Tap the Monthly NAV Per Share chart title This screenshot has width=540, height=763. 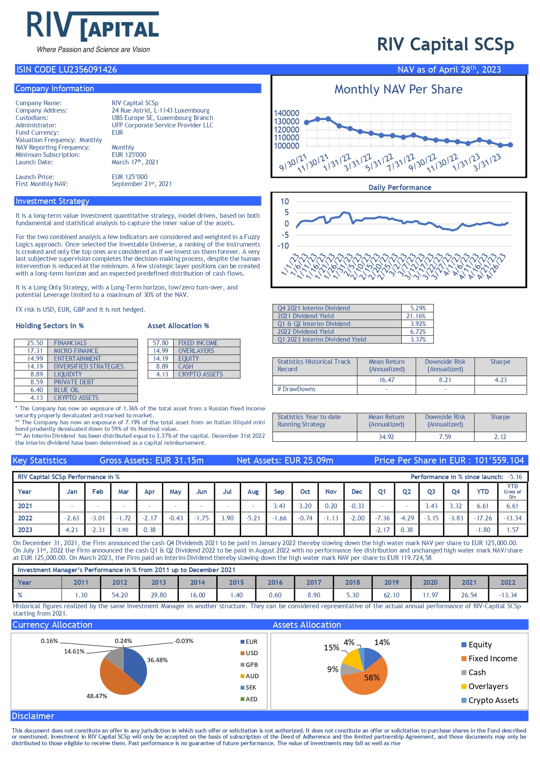[x=398, y=89]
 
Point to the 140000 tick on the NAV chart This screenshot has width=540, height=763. [x=286, y=113]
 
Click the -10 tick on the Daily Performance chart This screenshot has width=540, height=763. [x=283, y=246]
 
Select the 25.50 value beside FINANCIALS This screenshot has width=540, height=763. [x=35, y=343]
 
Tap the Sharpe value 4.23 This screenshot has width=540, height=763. [x=500, y=380]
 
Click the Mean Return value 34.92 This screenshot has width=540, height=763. [x=386, y=436]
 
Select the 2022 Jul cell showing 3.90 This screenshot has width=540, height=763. [x=227, y=518]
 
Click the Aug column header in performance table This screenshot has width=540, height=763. [x=253, y=492]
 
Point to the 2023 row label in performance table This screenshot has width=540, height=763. [x=25, y=530]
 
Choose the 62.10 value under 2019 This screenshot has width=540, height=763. [x=391, y=595]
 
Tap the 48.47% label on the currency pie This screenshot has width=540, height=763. [x=97, y=696]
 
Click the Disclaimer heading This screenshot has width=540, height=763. [x=33, y=716]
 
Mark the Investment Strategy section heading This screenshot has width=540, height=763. [x=52, y=201]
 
